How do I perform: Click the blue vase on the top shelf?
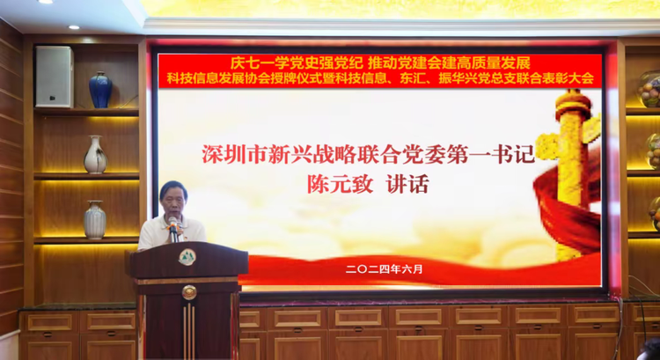tap(100, 90)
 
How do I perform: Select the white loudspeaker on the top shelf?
tap(55, 77)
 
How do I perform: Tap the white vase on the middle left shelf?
tap(95, 155)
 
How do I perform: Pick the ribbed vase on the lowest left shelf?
tap(95, 220)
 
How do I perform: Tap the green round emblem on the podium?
tap(187, 257)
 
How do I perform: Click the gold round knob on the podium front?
tap(188, 292)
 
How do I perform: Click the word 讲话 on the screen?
tap(412, 187)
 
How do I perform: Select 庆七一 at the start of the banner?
tap(247, 62)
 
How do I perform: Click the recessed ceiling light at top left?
tap(73, 28)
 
